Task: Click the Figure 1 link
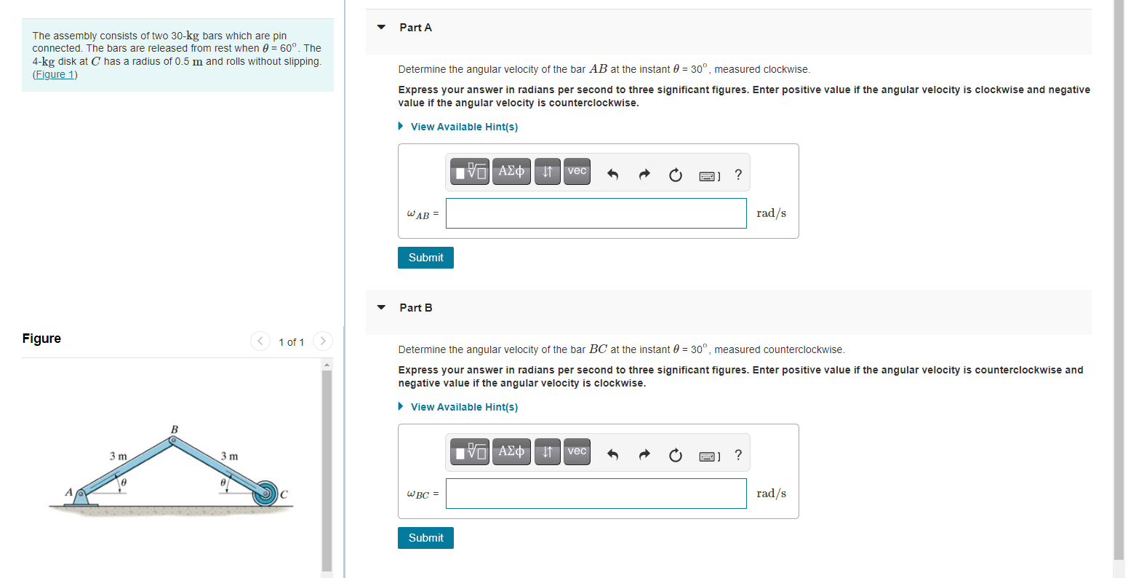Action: click(55, 74)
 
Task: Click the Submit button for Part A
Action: click(425, 258)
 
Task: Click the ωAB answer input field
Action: click(596, 213)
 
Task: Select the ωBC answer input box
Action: click(596, 494)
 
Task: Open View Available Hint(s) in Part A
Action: click(464, 127)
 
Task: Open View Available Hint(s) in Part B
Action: click(464, 407)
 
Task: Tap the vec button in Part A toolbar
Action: click(577, 171)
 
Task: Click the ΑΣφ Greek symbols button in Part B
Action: click(511, 451)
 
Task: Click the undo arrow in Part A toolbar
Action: click(612, 175)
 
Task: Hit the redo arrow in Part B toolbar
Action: click(644, 455)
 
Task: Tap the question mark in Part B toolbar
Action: click(738, 455)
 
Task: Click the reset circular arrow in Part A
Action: click(676, 175)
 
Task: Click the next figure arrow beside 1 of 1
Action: click(323, 341)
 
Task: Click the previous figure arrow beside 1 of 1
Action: click(260, 341)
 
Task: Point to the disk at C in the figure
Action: click(265, 494)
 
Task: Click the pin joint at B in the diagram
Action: click(172, 440)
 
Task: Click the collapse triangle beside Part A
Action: click(381, 27)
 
